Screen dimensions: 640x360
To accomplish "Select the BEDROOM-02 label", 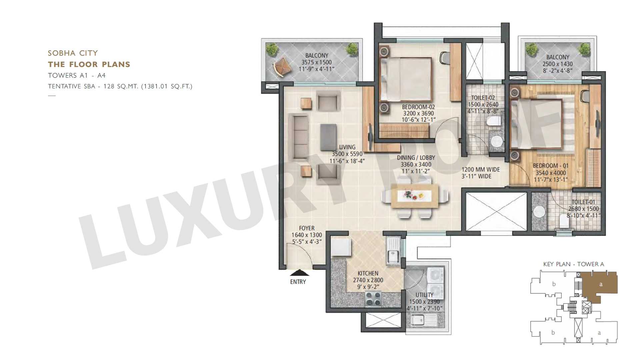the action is click(x=418, y=107).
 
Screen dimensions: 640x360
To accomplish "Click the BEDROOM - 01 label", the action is click(x=551, y=166).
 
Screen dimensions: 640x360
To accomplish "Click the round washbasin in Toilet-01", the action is click(x=538, y=212).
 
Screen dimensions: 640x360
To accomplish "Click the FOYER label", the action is click(x=307, y=228).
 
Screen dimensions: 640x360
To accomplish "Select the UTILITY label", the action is click(x=424, y=295).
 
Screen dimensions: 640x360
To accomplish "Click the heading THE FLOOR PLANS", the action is click(x=89, y=64).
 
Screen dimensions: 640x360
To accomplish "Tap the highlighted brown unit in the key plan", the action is click(x=600, y=285).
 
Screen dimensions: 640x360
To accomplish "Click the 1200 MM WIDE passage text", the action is click(x=481, y=170).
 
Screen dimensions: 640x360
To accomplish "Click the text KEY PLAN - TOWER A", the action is click(x=574, y=264).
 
